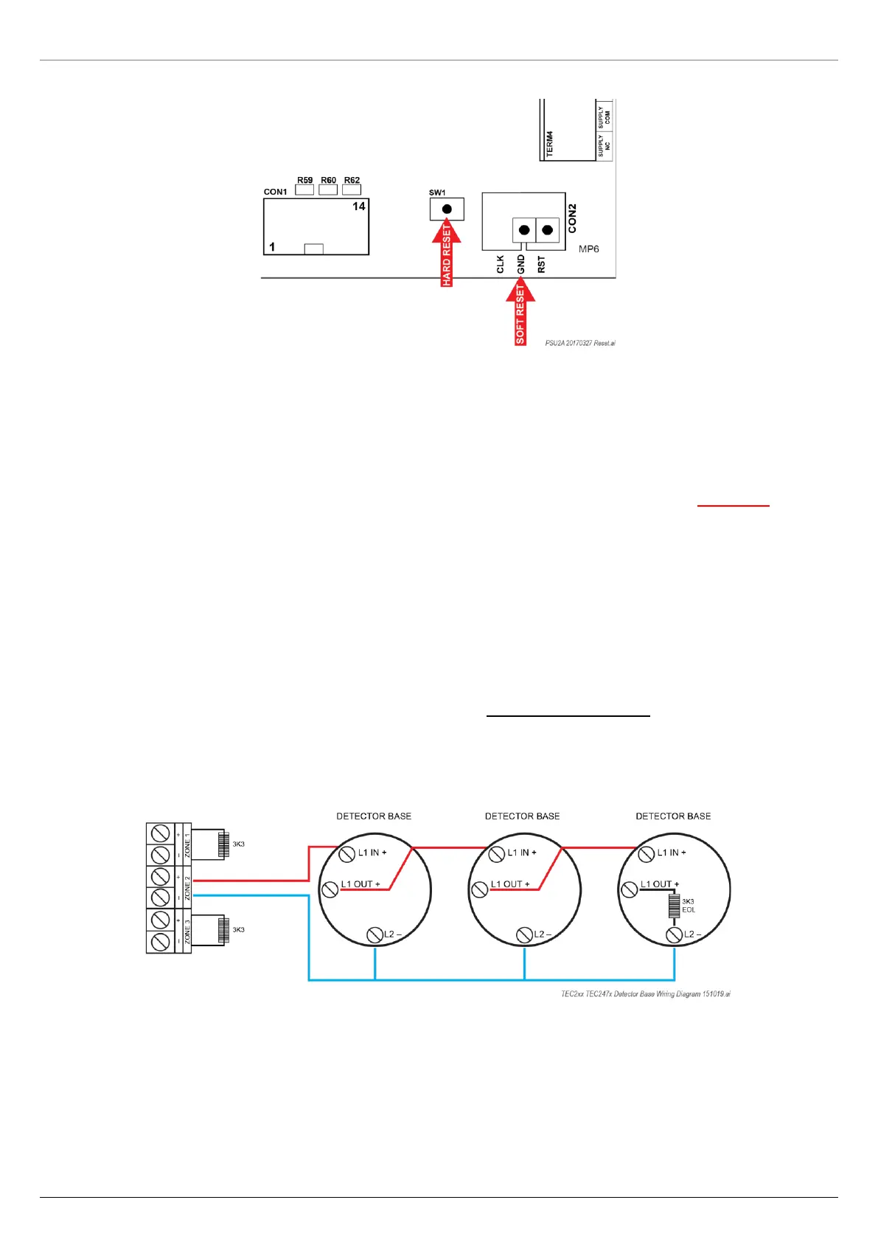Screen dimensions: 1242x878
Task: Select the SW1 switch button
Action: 447,209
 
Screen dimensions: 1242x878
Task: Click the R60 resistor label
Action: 328,180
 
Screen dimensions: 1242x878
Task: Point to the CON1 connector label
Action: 276,192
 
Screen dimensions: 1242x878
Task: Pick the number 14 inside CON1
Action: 359,207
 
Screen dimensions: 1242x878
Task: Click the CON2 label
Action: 573,218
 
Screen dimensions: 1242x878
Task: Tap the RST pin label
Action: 542,265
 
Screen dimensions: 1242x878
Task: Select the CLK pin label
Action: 501,265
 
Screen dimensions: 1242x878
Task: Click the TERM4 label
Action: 550,143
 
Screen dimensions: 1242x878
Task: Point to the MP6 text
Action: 588,249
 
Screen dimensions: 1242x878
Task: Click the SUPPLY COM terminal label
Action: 605,117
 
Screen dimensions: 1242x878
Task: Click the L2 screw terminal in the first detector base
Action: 375,935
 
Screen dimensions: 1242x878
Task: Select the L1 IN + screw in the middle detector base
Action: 497,854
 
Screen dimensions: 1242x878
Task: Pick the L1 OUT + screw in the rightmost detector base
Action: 630,889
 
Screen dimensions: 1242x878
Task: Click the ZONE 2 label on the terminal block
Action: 187,887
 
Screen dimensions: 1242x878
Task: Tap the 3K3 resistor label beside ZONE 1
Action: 239,844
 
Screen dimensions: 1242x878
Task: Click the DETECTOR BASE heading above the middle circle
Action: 522,816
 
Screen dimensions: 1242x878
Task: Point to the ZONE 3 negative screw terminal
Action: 160,942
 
